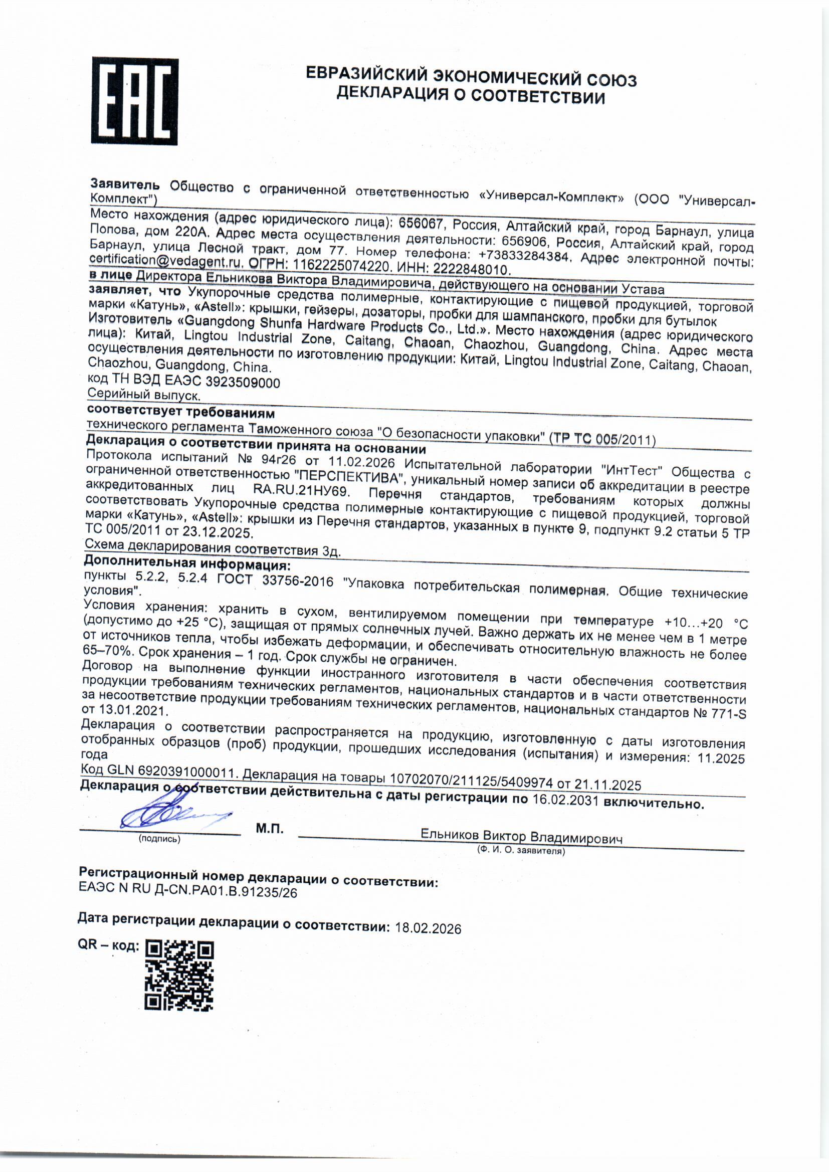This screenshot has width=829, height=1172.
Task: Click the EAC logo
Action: (x=135, y=101)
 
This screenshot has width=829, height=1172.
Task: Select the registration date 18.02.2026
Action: (x=428, y=928)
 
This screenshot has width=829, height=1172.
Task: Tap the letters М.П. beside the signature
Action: (x=270, y=829)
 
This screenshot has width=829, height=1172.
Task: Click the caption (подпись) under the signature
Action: (x=159, y=839)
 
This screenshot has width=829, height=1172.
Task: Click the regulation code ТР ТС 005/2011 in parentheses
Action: (x=602, y=439)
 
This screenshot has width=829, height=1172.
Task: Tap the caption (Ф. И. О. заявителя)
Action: (x=521, y=850)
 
